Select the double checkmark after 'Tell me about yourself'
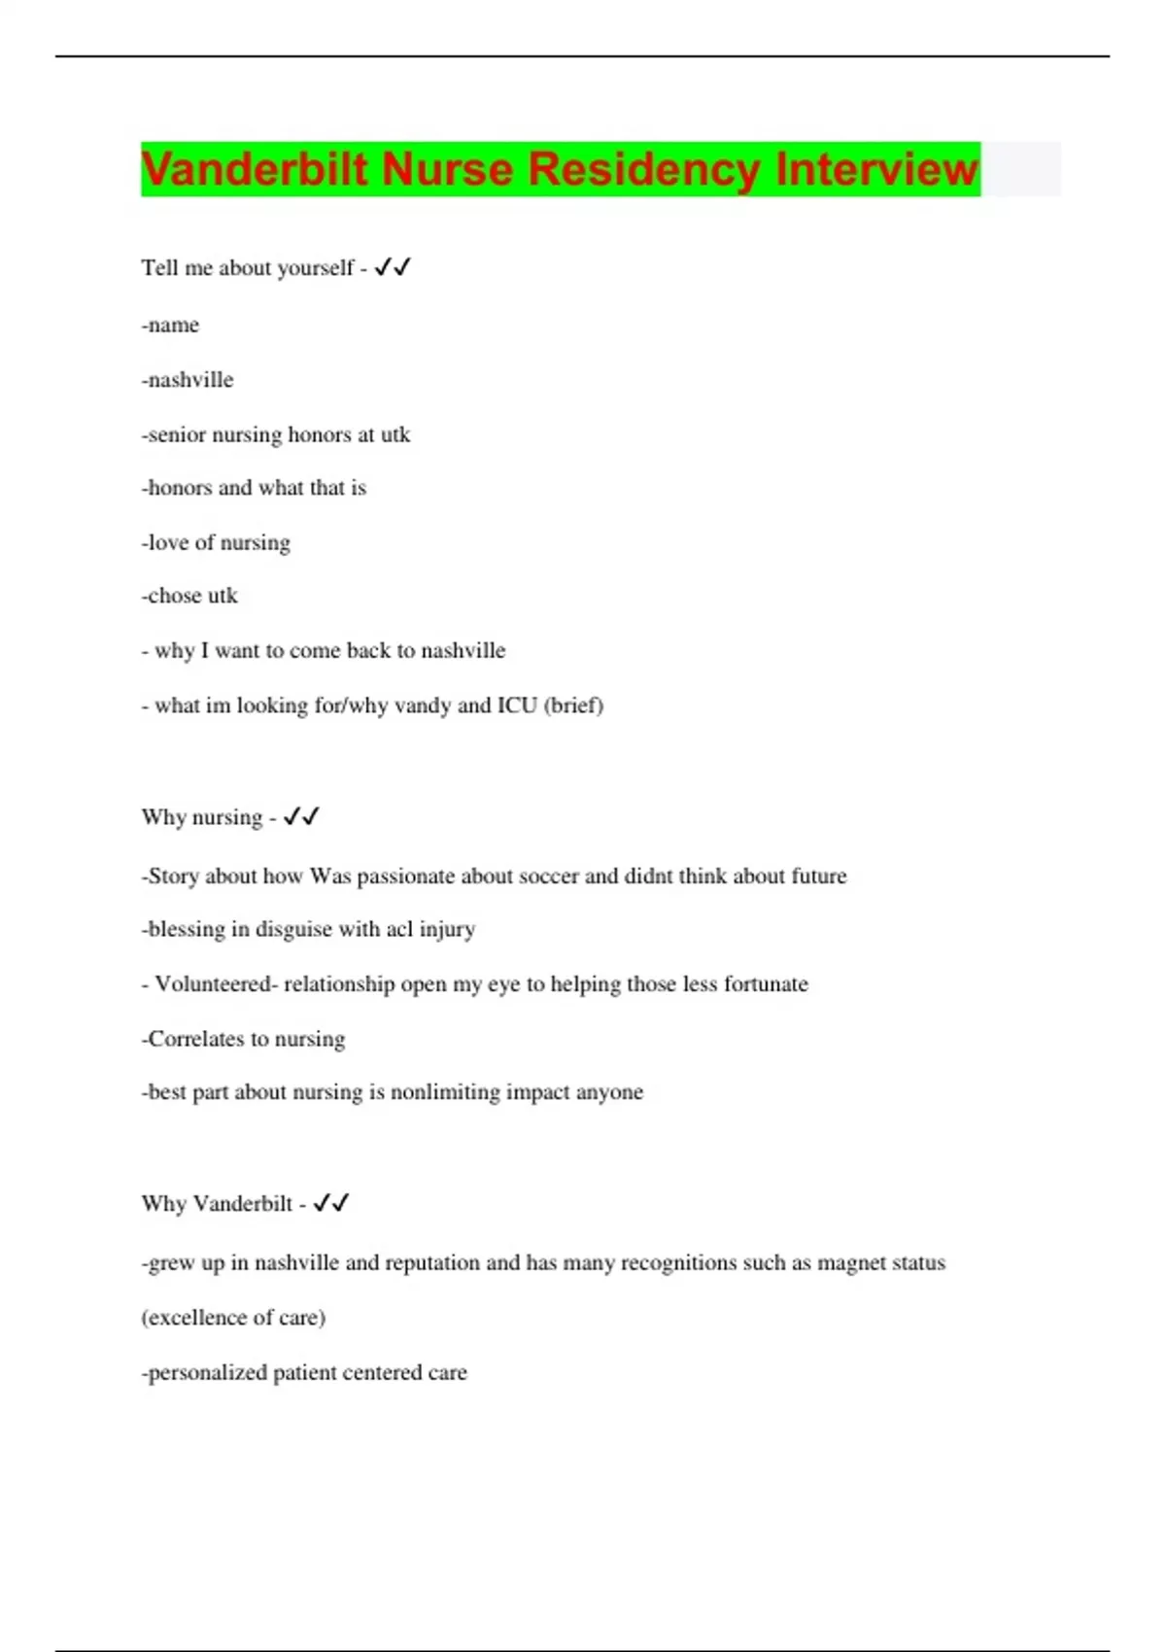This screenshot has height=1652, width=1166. (393, 266)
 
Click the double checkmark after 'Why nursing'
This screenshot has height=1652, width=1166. (301, 816)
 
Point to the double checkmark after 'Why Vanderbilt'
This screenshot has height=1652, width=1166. (331, 1203)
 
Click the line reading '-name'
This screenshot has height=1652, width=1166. (171, 325)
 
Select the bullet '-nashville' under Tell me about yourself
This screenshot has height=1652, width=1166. (188, 379)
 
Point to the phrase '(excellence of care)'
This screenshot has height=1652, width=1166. (233, 1318)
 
